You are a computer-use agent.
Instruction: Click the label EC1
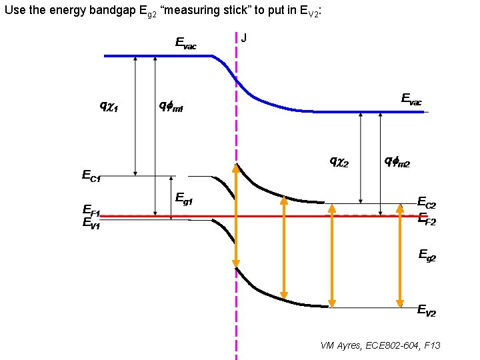coord(91,176)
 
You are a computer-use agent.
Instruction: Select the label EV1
coord(91,223)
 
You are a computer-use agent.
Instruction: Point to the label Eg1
coord(184,197)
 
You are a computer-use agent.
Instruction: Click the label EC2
coord(427,202)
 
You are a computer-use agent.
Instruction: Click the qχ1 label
coord(109,105)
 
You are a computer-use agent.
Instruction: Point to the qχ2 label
coord(339,161)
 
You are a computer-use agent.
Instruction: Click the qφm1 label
coord(171,105)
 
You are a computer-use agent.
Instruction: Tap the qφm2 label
coord(397,161)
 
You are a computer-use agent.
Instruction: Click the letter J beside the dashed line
coord(244,38)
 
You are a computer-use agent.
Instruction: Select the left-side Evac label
coord(185,43)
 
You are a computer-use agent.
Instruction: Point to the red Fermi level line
coord(167,216)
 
